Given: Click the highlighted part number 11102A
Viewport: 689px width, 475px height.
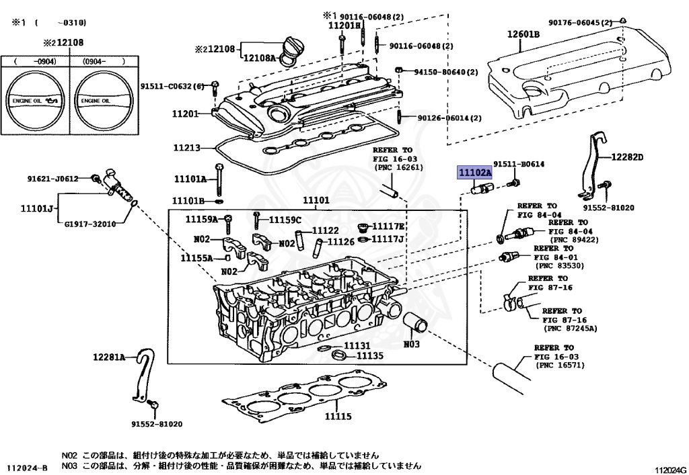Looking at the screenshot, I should [x=475, y=173].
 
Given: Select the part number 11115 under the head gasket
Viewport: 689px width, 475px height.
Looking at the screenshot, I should [x=337, y=417].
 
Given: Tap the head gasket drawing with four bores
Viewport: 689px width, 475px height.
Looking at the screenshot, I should [x=303, y=398].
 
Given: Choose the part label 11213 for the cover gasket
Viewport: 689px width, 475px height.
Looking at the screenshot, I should [x=186, y=147].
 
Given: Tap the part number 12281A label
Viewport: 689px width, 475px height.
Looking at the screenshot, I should [x=109, y=357].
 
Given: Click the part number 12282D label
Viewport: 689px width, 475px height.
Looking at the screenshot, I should [x=627, y=157].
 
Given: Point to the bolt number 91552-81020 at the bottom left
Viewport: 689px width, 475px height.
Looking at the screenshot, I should [x=157, y=424].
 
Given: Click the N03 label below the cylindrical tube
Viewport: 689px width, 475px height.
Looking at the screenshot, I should [x=411, y=345].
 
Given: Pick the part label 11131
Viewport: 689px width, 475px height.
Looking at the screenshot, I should [x=357, y=345].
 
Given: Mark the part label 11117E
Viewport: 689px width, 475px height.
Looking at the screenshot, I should [x=388, y=226].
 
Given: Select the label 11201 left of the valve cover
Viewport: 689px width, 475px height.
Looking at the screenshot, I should [x=185, y=114].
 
